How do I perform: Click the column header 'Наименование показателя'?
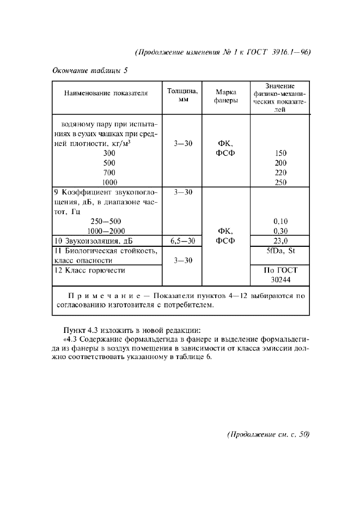point(106,94)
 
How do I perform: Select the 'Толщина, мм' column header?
point(182,94)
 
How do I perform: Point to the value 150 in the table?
point(280,153)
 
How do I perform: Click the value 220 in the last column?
point(280,173)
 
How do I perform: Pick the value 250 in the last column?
point(280,183)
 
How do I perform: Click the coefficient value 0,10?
point(280,221)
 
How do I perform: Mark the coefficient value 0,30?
point(280,231)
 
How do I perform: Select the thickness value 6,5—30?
point(182,241)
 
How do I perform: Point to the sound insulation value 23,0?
point(280,241)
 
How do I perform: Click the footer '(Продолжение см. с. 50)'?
point(267,435)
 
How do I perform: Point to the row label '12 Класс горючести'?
point(90,270)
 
